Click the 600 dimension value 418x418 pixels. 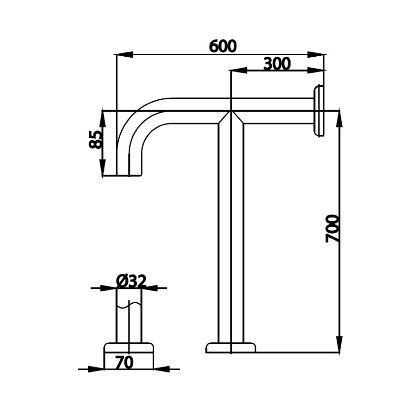pyautogui.click(x=223, y=46)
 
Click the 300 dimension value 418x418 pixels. pyautogui.click(x=277, y=64)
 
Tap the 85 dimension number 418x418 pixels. pyautogui.click(x=95, y=139)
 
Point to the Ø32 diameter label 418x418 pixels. pyautogui.click(x=131, y=281)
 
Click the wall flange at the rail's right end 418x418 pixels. pyautogui.click(x=319, y=111)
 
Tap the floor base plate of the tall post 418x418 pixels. pyautogui.click(x=231, y=348)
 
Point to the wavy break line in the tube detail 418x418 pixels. pyautogui.click(x=129, y=306)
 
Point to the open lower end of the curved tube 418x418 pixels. pyautogui.click(x=129, y=174)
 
